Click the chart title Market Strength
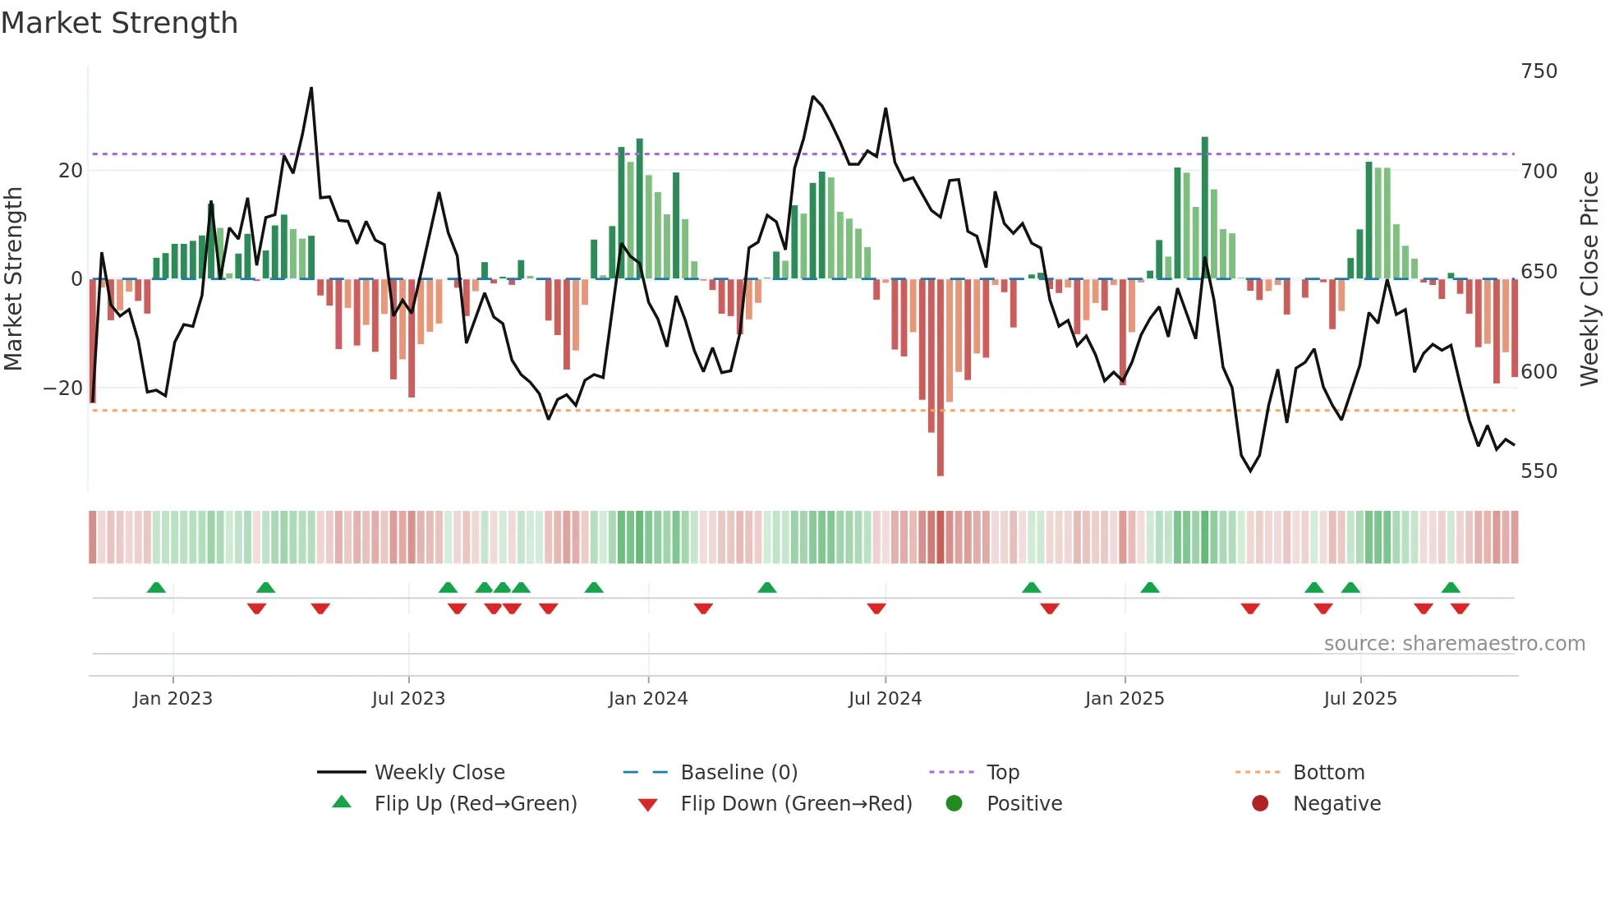(x=119, y=23)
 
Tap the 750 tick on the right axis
(x=1539, y=71)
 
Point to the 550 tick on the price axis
(x=1539, y=471)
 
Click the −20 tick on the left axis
(x=62, y=388)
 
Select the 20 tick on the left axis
(x=71, y=171)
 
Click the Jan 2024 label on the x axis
(x=648, y=699)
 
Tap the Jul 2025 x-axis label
(x=1360, y=699)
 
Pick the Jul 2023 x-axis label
(x=408, y=699)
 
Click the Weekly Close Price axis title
(x=1589, y=279)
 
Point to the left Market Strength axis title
(x=13, y=279)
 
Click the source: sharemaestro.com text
(x=1454, y=644)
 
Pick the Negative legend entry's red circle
(x=1260, y=804)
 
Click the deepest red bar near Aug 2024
(x=941, y=378)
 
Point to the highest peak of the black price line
(x=311, y=88)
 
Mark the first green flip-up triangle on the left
(x=156, y=587)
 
